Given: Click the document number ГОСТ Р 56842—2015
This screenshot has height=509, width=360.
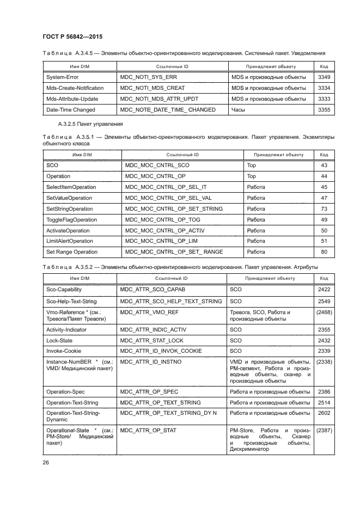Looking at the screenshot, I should tap(72, 36).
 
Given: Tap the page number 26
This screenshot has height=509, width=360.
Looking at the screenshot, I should tap(45, 462).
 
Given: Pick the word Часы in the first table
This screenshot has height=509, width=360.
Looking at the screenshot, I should tap(238, 109).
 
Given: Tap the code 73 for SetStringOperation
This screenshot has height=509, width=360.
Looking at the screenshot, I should tap(324, 208).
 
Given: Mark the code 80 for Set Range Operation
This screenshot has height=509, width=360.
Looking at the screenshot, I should tap(324, 252).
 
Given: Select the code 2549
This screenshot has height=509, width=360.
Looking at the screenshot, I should tap(324, 301).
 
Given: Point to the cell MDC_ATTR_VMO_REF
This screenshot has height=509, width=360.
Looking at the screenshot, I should tap(150, 312).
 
